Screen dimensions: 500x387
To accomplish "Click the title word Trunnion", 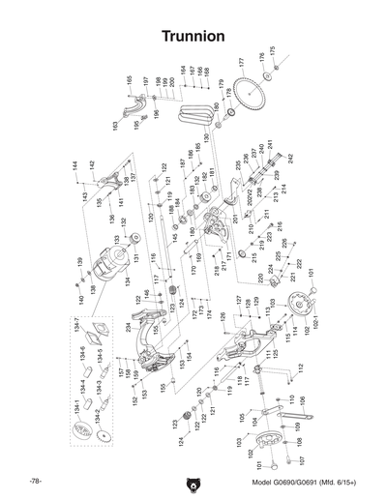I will point(193,36).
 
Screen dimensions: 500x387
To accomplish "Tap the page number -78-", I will point(35,482).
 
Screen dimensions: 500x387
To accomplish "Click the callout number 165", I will point(129,79).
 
